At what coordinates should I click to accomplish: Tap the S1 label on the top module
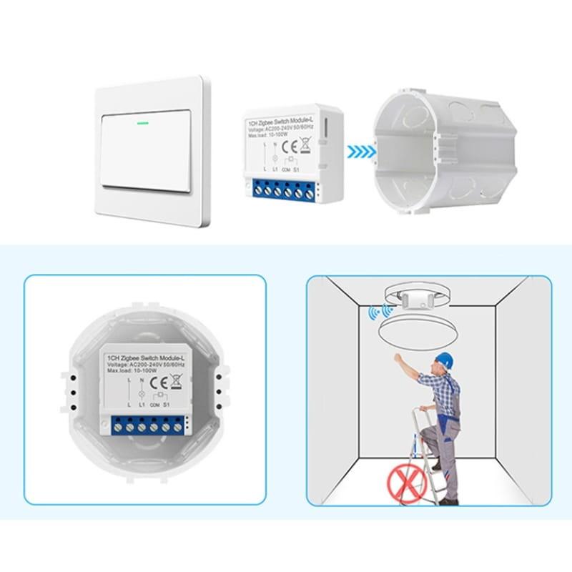point(312,172)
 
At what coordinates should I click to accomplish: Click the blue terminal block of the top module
point(285,190)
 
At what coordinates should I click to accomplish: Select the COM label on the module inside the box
point(154,405)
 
